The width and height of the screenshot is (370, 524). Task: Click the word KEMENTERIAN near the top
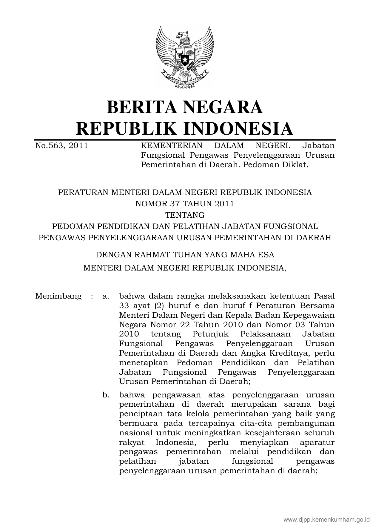172,146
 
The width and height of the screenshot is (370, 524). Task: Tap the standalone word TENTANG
185,215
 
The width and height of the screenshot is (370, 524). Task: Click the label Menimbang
58,296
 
